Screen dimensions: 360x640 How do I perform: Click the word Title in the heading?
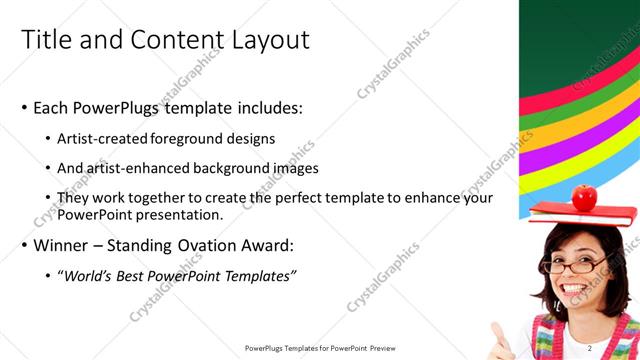point(45,40)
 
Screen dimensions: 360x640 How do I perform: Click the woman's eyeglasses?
point(580,265)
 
